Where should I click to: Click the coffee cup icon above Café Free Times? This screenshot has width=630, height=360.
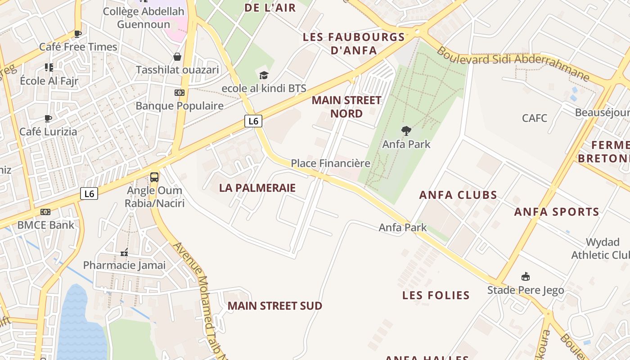tap(78, 34)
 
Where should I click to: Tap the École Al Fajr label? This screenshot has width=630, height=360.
tap(49, 81)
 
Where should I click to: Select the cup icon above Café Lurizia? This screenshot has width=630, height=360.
tap(48, 119)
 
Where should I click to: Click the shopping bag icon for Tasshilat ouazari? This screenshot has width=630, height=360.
tap(177, 57)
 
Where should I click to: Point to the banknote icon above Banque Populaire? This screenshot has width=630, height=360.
tap(180, 93)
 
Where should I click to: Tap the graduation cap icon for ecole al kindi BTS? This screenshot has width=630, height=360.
tap(264, 75)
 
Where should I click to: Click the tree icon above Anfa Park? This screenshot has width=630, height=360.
tap(406, 131)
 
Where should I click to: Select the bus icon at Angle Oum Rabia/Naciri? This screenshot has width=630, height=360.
tap(154, 177)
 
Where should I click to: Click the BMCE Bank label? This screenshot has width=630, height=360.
tap(46, 225)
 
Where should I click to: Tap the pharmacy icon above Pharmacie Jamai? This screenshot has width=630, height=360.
tap(124, 252)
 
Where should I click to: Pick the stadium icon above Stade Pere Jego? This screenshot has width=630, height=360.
tap(525, 276)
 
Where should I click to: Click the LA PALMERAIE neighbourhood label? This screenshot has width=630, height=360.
tap(257, 188)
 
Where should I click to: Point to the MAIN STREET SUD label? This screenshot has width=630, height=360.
tap(274, 306)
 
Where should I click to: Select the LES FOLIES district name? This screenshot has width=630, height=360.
tap(436, 296)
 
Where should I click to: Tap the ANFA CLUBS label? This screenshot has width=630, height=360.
tap(458, 195)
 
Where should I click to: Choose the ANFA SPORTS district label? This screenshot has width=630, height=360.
tap(557, 212)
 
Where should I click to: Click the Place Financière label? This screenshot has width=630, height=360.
tap(330, 163)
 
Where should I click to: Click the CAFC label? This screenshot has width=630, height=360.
tap(535, 118)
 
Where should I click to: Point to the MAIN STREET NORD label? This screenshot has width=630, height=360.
tap(346, 107)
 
